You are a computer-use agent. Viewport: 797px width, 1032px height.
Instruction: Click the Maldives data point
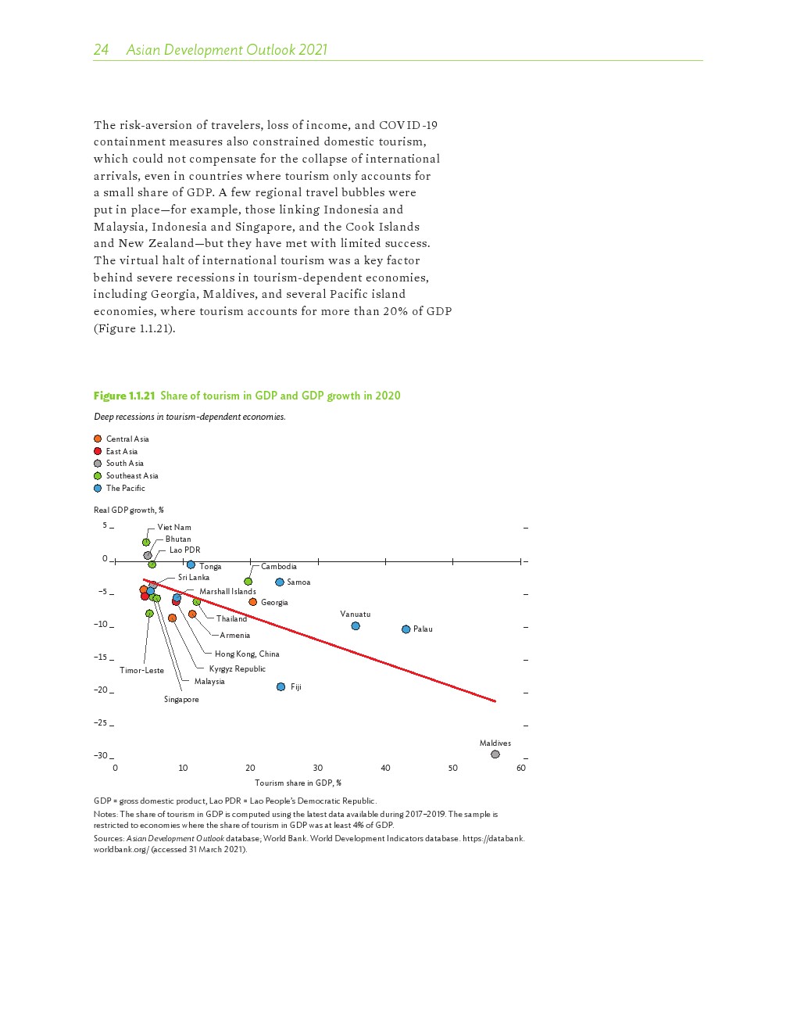pos(495,754)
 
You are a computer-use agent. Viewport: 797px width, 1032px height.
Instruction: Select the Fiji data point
pos(281,687)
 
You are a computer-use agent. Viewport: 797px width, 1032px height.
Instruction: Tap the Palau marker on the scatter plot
pos(406,629)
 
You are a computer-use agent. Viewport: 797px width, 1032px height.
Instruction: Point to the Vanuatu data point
pos(356,626)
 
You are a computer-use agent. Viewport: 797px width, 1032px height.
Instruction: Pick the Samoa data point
pos(280,582)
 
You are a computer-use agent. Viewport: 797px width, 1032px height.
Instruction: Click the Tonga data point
pos(191,564)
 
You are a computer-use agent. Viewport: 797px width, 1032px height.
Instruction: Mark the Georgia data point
pos(253,602)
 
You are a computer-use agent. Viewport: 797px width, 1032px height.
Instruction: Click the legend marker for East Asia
pos(98,451)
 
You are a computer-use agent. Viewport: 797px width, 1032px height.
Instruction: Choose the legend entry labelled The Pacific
pos(126,488)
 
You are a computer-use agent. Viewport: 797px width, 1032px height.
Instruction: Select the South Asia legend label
pos(125,464)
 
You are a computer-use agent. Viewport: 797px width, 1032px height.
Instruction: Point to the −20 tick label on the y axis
pos(101,690)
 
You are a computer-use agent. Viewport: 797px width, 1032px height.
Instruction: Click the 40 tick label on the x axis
pos(385,768)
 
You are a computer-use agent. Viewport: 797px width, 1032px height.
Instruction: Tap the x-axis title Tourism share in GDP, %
pos(298,783)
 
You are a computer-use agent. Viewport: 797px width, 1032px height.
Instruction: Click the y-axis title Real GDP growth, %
pos(129,510)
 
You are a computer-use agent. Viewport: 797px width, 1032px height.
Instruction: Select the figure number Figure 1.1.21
pos(124,396)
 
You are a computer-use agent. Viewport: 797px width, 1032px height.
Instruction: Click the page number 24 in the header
pos(101,50)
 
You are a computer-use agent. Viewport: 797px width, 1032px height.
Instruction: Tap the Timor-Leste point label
pos(141,670)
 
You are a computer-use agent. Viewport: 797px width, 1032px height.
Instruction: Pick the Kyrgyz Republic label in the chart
pos(238,668)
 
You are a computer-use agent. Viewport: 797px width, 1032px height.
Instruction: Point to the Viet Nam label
pos(174,527)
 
